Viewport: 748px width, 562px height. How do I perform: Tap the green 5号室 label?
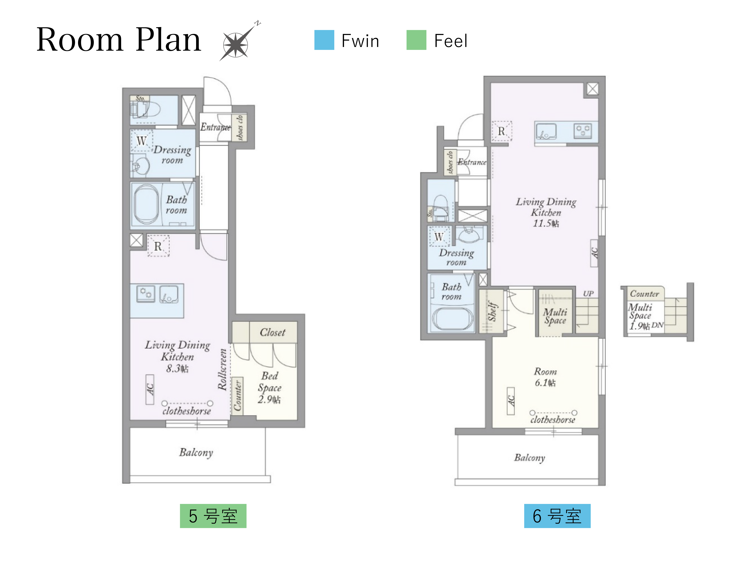click(x=213, y=516)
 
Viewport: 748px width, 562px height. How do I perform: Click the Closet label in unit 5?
click(x=272, y=332)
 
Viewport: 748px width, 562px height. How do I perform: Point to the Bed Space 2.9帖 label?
click(x=270, y=388)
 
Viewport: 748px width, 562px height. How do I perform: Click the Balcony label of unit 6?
click(x=530, y=458)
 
